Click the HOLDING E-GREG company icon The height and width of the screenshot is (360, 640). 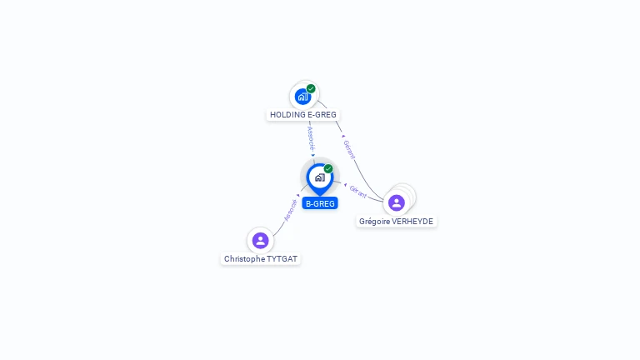(302, 97)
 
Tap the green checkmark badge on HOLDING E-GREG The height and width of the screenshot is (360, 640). (311, 88)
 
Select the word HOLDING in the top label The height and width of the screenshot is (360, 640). (287, 115)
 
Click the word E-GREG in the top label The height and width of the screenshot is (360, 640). (322, 115)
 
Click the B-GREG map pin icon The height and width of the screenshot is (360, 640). (320, 179)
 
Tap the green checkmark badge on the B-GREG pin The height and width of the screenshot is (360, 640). (328, 168)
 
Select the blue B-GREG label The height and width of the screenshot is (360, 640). (320, 203)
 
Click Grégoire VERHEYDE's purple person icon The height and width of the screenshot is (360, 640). (397, 202)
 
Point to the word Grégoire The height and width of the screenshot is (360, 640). (373, 221)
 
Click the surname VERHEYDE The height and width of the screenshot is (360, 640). (412, 221)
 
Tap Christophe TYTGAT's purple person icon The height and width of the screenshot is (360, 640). (260, 240)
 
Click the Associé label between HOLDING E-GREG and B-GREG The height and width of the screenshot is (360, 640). (311, 139)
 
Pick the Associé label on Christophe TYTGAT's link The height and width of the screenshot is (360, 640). (290, 210)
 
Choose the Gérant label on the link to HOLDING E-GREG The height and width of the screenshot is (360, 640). (349, 149)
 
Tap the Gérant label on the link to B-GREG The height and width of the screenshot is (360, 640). (358, 192)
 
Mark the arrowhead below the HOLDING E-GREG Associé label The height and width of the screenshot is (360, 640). (313, 155)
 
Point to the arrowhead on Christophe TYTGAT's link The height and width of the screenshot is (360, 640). (298, 196)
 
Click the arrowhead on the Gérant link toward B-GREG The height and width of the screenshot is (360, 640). (345, 185)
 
